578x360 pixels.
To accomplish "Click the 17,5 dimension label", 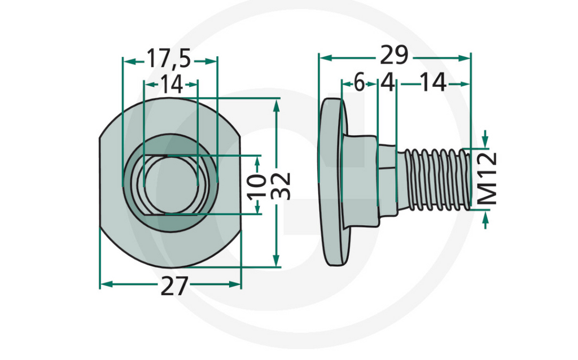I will pyautogui.click(x=169, y=59).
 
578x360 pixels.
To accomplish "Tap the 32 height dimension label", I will pyautogui.click(x=284, y=185).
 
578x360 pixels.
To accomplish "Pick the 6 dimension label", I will pyautogui.click(x=360, y=84).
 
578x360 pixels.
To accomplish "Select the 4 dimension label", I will pyautogui.click(x=387, y=84).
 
